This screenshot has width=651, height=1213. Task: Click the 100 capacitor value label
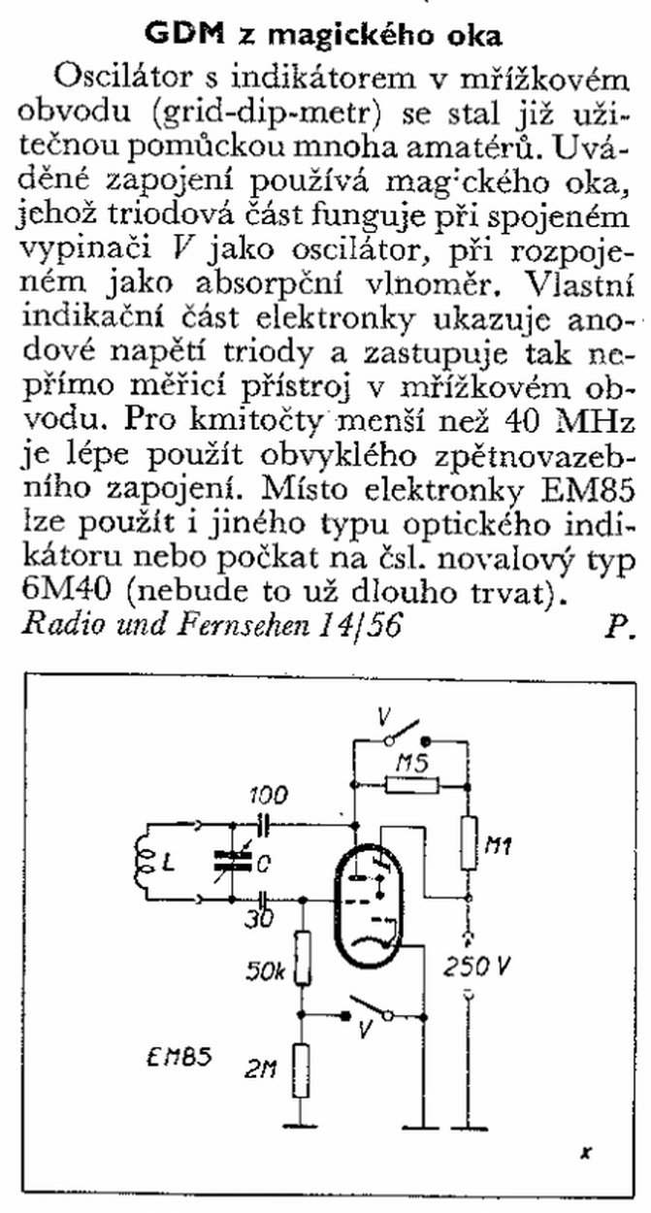[268, 796]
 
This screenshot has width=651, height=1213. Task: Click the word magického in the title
[342, 36]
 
